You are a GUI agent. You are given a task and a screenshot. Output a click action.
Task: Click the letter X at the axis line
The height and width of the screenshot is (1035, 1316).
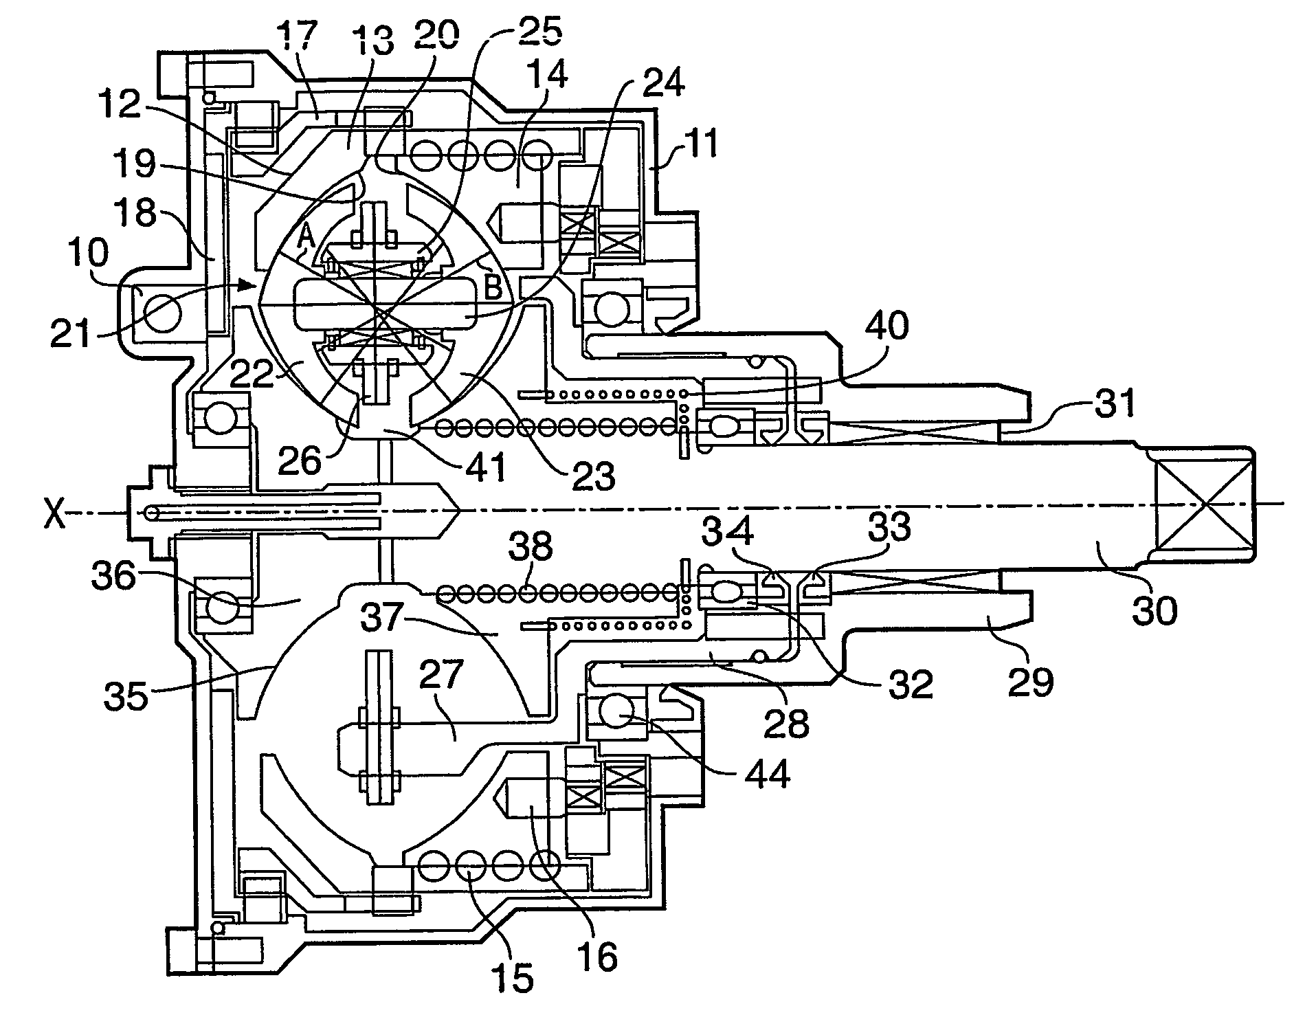click(55, 514)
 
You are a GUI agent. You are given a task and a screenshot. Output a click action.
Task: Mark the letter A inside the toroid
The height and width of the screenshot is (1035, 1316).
click(306, 238)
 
